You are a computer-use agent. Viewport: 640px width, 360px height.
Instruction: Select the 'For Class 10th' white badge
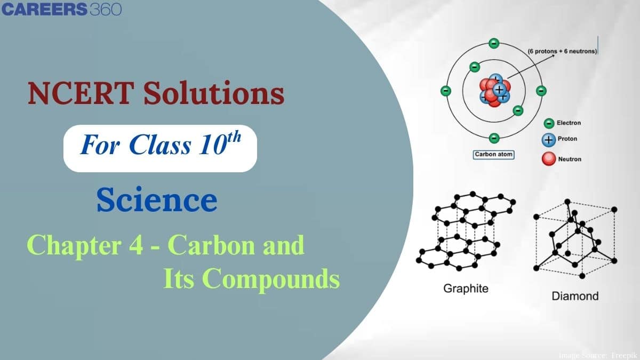pyautogui.click(x=160, y=145)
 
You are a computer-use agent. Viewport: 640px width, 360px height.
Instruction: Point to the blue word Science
pyautogui.click(x=157, y=201)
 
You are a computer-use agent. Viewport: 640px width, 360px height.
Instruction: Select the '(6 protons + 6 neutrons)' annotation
pyautogui.click(x=562, y=51)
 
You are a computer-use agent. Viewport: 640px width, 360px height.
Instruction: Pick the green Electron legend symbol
pyautogui.click(x=548, y=123)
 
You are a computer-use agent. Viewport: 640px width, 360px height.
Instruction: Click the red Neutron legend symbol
pyautogui.click(x=548, y=158)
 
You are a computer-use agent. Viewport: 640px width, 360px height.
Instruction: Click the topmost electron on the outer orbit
pyautogui.click(x=494, y=43)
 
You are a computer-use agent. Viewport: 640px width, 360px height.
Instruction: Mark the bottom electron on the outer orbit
pyautogui.click(x=494, y=137)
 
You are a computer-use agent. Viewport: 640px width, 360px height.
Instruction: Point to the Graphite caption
pyautogui.click(x=466, y=289)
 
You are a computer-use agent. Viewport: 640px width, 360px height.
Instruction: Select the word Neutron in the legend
pyautogui.click(x=569, y=159)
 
